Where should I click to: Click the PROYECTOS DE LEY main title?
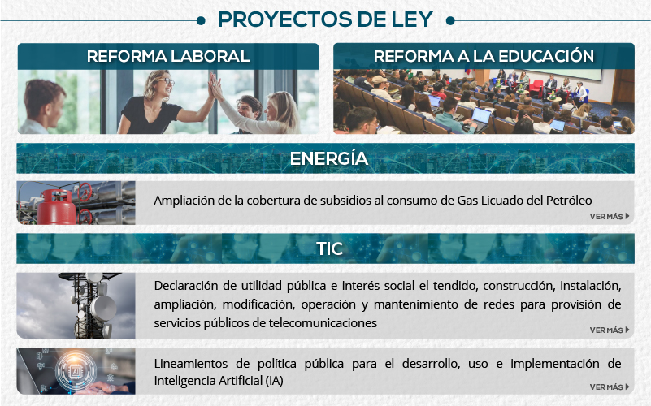(x=325, y=19)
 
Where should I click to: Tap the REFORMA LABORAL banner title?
(x=168, y=56)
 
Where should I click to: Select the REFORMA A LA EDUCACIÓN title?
(x=484, y=55)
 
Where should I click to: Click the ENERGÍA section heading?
(x=329, y=158)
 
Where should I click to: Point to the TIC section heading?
(x=330, y=248)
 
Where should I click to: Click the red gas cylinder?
(x=57, y=206)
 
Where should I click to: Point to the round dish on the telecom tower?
(x=104, y=308)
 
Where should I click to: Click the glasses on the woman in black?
(x=165, y=80)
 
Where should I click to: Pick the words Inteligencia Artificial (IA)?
(x=219, y=380)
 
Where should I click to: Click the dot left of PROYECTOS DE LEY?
(x=201, y=20)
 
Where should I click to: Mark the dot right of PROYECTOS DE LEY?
(x=450, y=20)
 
